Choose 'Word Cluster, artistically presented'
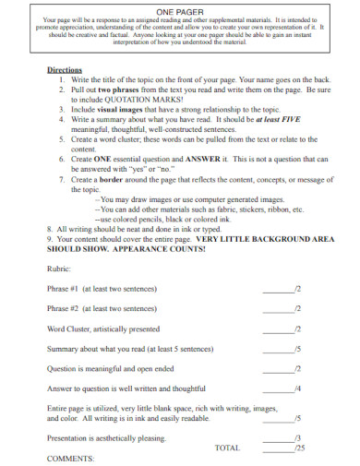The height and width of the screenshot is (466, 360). pyautogui.click(x=102, y=329)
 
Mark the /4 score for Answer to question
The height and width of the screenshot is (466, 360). pyautogui.click(x=297, y=388)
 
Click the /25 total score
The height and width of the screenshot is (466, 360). pyautogui.click(x=297, y=448)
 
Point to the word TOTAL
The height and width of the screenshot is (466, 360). pyautogui.click(x=227, y=448)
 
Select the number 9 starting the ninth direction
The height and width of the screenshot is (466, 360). pyautogui.click(x=50, y=237)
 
